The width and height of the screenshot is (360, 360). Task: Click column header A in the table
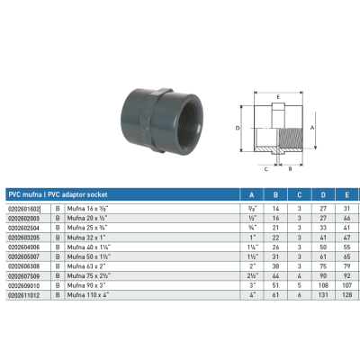(x=249, y=193)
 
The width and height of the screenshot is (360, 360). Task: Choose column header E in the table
(x=346, y=193)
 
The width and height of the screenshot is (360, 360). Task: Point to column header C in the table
(x=298, y=193)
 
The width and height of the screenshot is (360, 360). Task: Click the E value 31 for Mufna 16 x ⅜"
(x=346, y=207)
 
